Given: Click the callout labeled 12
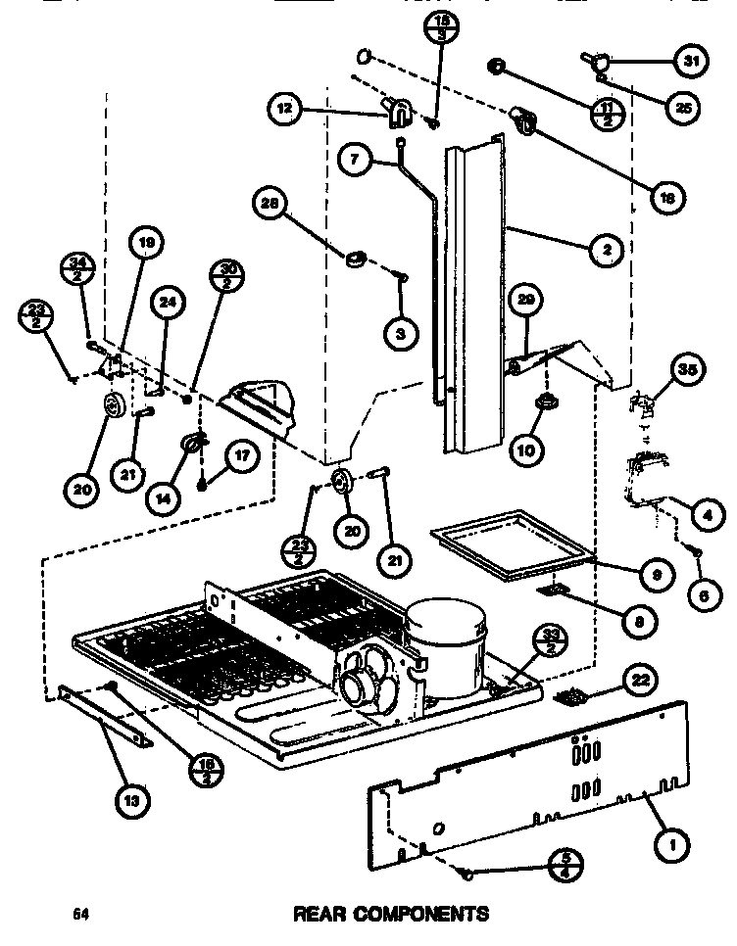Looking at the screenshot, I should point(285,110).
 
